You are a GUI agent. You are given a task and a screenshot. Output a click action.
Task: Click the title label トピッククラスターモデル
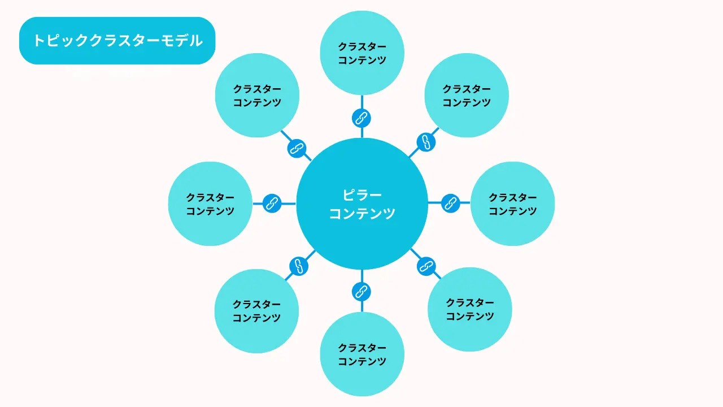117,41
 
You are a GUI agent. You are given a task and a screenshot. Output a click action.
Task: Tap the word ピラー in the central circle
362,195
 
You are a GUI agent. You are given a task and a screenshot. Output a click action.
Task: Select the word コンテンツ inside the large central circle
362,213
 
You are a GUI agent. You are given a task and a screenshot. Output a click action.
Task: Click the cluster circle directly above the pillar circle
362,53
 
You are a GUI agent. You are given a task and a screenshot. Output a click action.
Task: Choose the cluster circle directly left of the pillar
210,203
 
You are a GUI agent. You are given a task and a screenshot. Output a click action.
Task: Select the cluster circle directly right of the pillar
512,203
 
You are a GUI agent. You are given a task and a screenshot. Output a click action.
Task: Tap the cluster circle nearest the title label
257,96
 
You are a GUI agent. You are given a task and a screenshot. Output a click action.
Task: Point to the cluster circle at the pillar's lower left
256,311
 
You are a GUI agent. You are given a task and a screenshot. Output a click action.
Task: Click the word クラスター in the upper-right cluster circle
467,89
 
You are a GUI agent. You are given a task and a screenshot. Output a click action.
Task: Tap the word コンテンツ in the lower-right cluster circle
470,317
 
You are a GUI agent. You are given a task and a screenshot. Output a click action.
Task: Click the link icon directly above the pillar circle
361,118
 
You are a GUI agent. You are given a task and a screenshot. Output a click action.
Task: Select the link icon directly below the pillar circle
361,292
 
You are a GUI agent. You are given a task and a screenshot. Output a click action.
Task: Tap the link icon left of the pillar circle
272,203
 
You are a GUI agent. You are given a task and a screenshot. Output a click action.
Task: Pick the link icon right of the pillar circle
451,203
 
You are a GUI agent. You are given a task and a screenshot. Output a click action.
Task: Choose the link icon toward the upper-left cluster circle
297,148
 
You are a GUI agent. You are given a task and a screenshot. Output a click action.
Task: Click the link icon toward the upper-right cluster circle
426,142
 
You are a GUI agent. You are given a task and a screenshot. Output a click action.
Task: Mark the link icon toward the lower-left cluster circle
299,266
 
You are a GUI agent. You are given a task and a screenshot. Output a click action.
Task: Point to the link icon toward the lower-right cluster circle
426,266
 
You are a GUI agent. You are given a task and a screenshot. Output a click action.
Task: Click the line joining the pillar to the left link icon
289,203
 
